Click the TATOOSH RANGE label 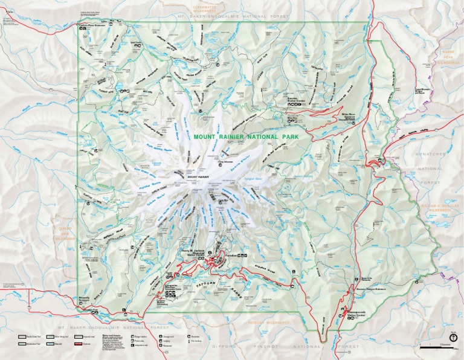point(209,281)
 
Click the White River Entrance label point(350,114)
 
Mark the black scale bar point(434,348)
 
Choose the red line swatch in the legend point(78,342)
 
